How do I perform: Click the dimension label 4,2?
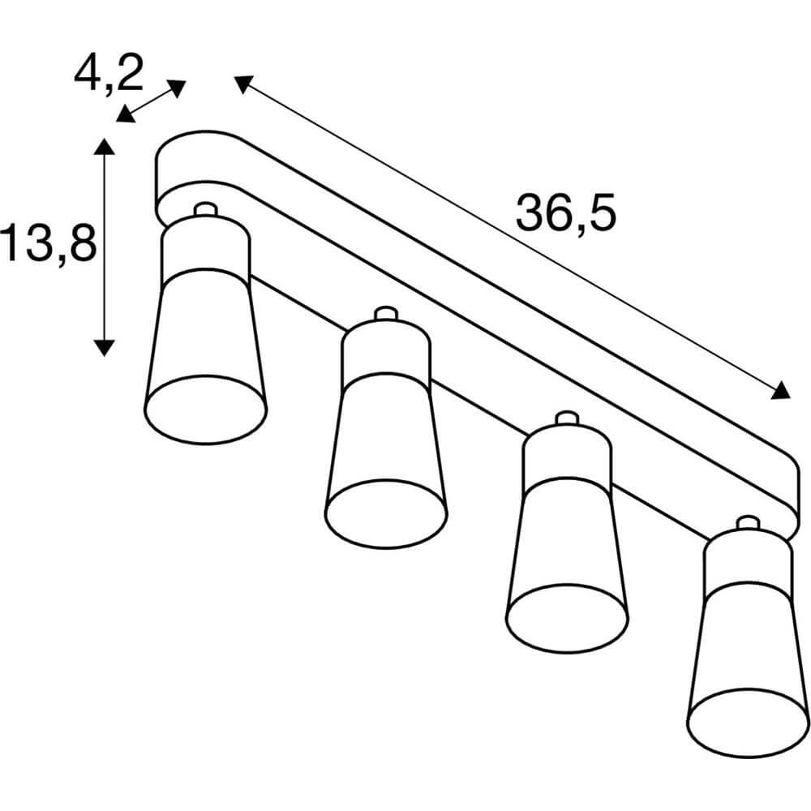108,74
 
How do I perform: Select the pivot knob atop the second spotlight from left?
385,313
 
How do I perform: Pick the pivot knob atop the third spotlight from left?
565,418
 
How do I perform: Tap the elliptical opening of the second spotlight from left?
386,513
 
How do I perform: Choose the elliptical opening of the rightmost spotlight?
748,722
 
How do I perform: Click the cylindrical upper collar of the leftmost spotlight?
205,247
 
